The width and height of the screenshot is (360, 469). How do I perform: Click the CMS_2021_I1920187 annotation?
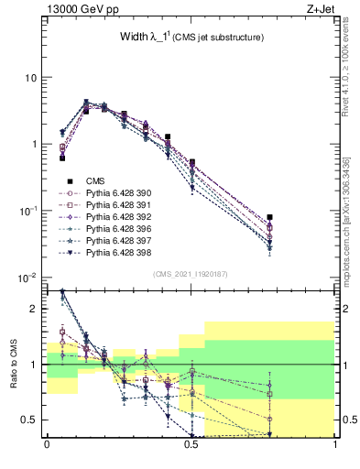click(191, 273)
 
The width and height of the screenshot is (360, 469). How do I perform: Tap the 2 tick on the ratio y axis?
click(35, 309)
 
